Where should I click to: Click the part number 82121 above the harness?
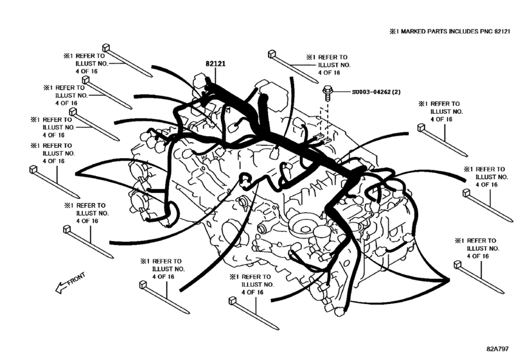point(215,64)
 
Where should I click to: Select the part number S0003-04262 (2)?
point(378,92)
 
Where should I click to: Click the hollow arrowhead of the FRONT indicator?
point(58,289)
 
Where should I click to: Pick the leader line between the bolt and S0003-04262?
point(340,92)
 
